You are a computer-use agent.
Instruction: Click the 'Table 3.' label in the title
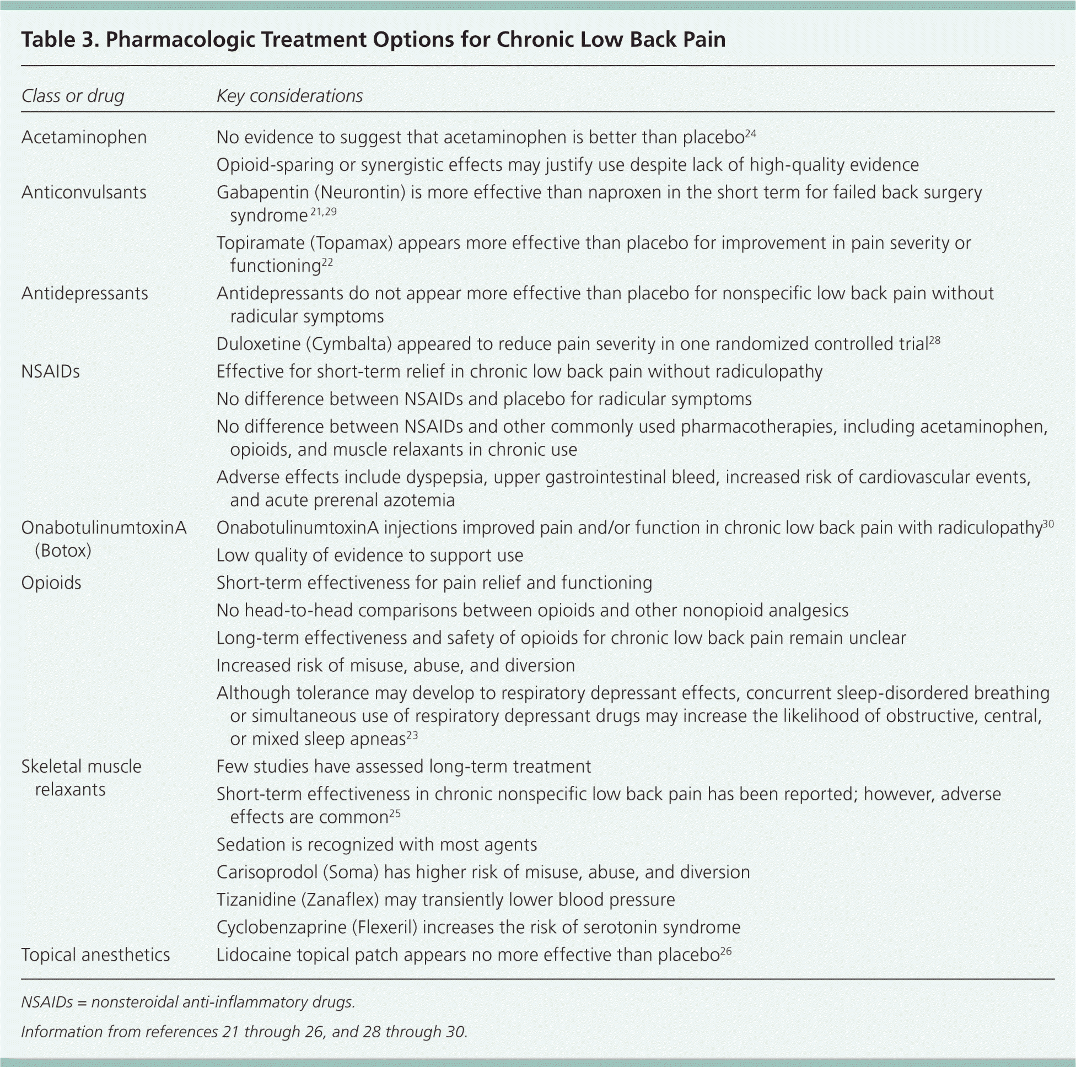tap(58, 40)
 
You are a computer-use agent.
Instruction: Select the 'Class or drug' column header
tap(72, 96)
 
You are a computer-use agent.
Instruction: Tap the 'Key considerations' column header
tap(289, 96)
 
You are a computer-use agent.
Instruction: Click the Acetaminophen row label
tap(84, 137)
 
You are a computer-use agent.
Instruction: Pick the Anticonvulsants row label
tap(84, 192)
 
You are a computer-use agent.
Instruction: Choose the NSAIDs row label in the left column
tap(51, 371)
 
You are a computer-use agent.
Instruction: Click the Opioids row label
tap(51, 583)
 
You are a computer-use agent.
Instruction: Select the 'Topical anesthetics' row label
tap(95, 955)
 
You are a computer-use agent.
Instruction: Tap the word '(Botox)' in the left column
tap(63, 551)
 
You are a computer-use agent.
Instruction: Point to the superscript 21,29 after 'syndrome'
tap(323, 212)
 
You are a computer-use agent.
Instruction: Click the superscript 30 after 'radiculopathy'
tap(1048, 524)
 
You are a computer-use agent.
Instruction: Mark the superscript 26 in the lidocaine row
tap(725, 951)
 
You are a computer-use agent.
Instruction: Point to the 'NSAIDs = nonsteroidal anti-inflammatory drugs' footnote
tap(188, 1002)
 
